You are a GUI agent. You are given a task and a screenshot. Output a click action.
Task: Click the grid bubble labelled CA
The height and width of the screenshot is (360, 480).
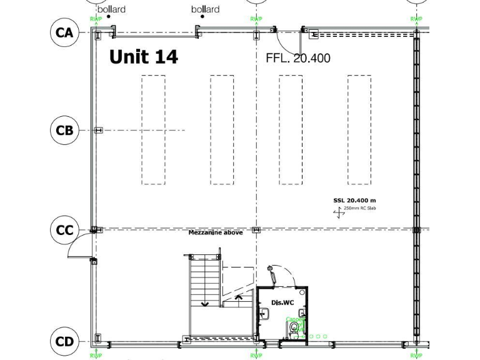click(64, 32)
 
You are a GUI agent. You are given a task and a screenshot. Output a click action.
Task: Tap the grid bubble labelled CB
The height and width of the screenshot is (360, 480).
click(64, 130)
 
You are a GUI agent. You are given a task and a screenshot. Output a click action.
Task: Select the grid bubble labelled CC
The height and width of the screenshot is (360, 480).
click(64, 230)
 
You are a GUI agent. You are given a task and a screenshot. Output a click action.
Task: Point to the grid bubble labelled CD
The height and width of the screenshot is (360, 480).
click(64, 341)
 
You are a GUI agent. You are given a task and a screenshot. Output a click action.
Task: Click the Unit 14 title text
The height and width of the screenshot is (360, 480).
click(143, 57)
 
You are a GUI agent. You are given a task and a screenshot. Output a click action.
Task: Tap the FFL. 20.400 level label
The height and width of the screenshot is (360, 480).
click(297, 58)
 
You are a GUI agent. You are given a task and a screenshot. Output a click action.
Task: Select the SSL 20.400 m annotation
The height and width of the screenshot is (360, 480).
click(354, 200)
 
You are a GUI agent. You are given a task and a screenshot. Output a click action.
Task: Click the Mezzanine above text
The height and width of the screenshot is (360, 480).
click(216, 233)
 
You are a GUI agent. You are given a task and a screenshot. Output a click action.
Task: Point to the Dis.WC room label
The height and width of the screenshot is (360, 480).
click(282, 302)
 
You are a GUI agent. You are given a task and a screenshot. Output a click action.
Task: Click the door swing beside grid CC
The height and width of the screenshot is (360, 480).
click(79, 246)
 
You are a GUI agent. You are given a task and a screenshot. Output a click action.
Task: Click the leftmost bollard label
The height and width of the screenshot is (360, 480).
click(111, 9)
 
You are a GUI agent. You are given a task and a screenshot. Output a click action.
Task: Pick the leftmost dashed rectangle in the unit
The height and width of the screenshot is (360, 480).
click(154, 130)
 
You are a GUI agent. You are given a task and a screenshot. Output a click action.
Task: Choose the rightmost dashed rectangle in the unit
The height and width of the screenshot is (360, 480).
click(359, 130)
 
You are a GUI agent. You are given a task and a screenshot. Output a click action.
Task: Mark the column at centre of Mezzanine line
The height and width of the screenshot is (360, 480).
click(256, 230)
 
